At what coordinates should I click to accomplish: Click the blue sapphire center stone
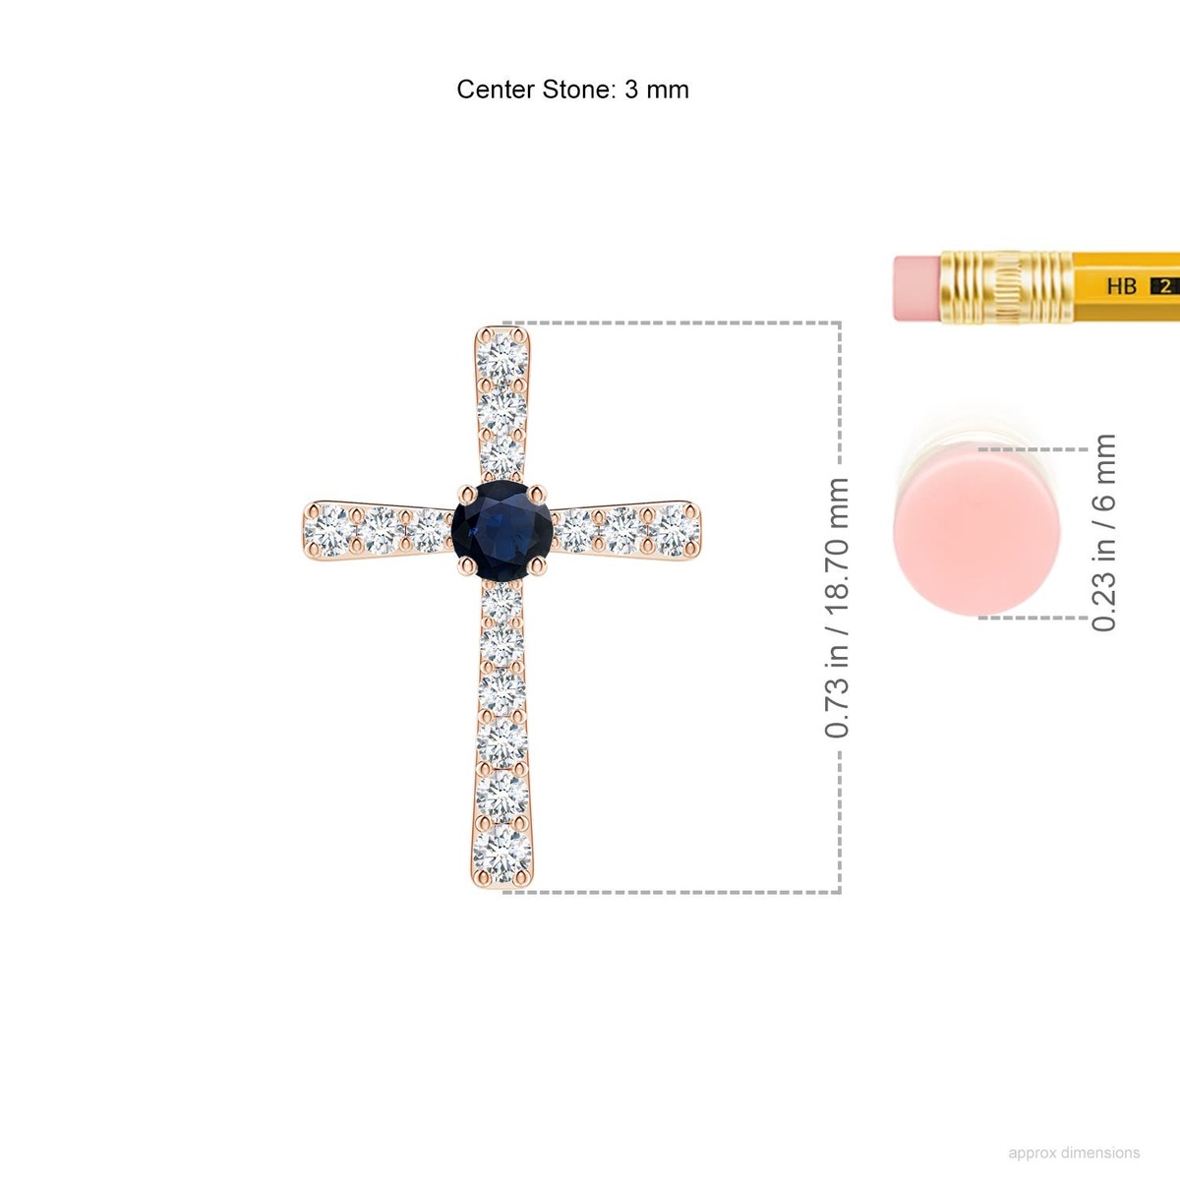click(x=502, y=530)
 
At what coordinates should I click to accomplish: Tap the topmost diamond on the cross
click(x=502, y=359)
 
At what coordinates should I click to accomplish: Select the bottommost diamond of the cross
click(x=502, y=854)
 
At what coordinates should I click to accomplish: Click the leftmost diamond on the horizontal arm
click(x=330, y=530)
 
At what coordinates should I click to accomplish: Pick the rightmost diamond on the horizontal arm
click(x=675, y=530)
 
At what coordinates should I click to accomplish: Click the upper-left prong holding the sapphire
click(x=467, y=494)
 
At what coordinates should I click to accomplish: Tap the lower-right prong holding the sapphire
click(x=538, y=566)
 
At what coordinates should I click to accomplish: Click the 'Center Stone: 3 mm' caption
click(x=572, y=89)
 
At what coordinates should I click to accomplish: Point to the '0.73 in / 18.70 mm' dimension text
click(x=837, y=608)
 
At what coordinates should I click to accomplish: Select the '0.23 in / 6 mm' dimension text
click(x=1103, y=533)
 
